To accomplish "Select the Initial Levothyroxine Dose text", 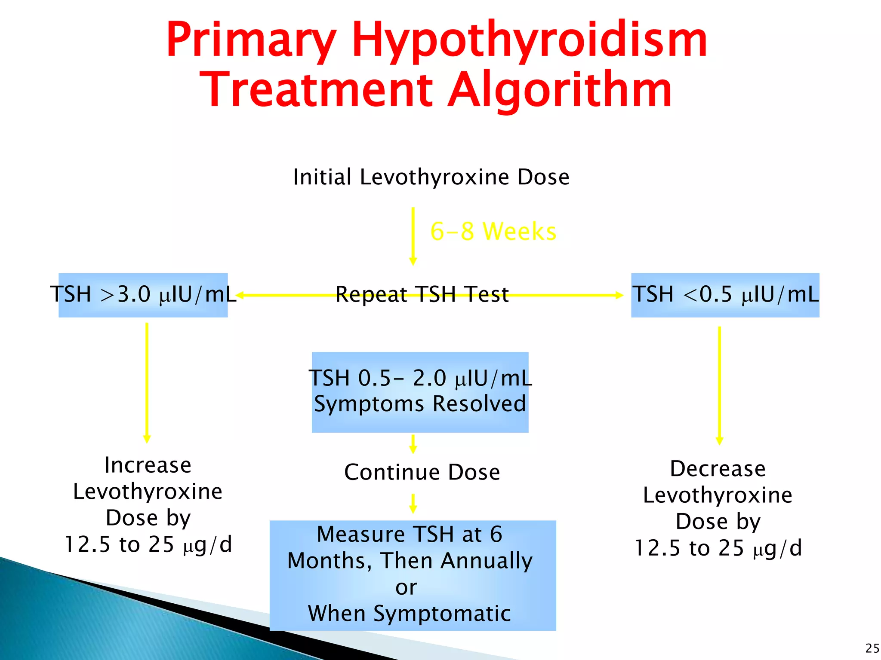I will (431, 177).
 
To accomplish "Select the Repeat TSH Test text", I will (422, 295).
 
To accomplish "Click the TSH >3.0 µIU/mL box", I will (143, 295).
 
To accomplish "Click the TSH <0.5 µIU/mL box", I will (725, 295).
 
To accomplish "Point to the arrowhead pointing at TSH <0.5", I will (619, 295).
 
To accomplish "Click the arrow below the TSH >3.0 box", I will (147, 382).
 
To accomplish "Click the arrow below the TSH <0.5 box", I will (719, 385).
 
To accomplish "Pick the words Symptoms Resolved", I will (420, 404).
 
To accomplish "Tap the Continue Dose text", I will (422, 472).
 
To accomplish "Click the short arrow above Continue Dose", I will (413, 444).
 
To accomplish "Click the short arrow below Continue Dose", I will (413, 503).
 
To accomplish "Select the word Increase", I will (148, 465).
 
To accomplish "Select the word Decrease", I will (718, 469).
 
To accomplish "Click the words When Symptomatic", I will (410, 613).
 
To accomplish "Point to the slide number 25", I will (872, 648).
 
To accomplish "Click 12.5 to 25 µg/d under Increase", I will (148, 544).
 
